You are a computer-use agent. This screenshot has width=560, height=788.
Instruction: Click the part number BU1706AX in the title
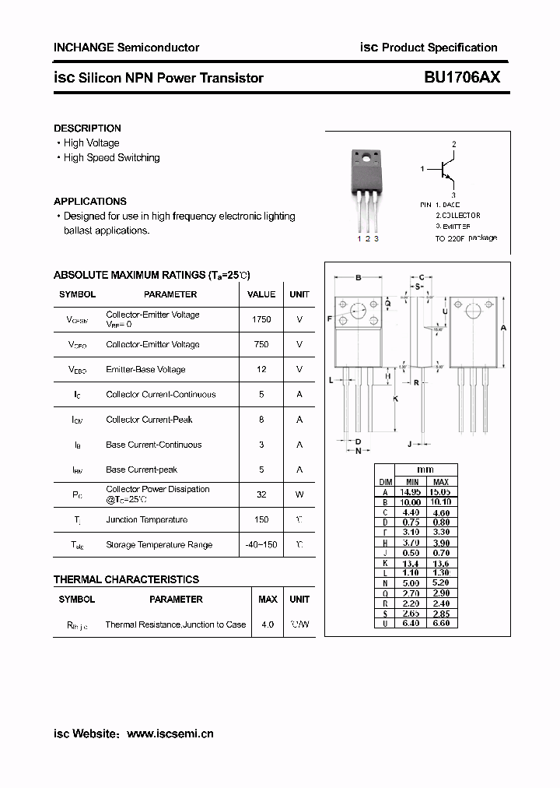[x=462, y=77]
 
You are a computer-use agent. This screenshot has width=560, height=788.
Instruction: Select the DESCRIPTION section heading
[x=87, y=128]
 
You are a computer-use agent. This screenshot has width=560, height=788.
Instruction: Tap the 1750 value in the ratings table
[x=261, y=319]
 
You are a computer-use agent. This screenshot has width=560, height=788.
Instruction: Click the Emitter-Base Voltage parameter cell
[x=145, y=369]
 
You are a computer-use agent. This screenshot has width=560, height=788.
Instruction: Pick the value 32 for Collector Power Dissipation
[x=261, y=494]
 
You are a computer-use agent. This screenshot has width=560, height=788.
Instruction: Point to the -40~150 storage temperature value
[x=261, y=544]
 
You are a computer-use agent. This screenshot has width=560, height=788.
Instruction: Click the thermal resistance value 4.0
[x=268, y=624]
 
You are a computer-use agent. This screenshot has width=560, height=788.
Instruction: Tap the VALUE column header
[x=261, y=294]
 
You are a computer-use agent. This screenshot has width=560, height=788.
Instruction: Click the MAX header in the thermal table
[x=268, y=600]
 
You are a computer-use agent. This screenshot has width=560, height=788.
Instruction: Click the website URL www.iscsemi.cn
[x=170, y=733]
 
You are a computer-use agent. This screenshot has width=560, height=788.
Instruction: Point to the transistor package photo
[x=366, y=187]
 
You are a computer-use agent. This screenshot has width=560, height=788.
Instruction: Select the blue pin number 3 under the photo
[x=376, y=238]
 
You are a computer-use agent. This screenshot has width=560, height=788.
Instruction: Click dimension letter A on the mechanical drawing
[x=503, y=328]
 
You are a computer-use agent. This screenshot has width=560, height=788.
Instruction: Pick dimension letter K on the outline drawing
[x=395, y=399]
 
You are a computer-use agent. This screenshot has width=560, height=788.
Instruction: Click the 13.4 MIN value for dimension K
[x=411, y=563]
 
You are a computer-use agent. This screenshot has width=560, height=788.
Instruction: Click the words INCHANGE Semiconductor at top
[x=126, y=47]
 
